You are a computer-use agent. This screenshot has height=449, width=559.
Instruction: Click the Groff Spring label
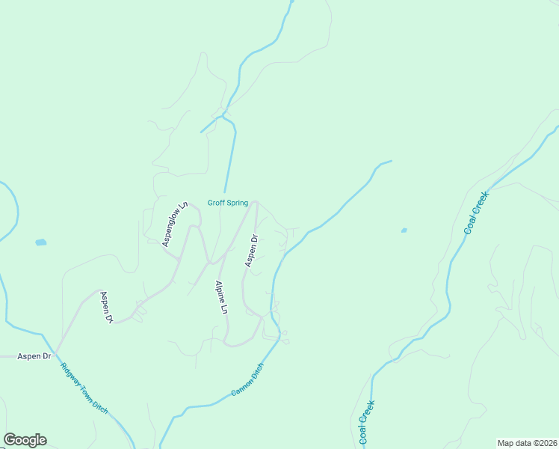click(228, 203)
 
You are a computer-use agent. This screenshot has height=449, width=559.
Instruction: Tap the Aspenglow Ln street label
click(173, 224)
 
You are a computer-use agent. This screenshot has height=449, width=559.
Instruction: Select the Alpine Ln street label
click(220, 297)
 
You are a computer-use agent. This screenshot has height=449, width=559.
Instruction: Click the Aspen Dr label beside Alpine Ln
click(252, 251)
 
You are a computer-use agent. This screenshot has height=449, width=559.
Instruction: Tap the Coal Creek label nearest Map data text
click(367, 423)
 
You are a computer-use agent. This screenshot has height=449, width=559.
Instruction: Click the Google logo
click(25, 440)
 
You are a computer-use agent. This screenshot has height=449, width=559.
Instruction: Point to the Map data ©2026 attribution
click(528, 443)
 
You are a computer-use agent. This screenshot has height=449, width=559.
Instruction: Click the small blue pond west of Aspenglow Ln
click(40, 242)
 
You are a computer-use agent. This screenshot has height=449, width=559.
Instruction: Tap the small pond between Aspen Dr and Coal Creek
click(404, 230)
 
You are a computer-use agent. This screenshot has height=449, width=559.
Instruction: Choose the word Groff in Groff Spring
click(214, 203)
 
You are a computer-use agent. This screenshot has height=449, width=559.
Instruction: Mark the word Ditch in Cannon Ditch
click(256, 370)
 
